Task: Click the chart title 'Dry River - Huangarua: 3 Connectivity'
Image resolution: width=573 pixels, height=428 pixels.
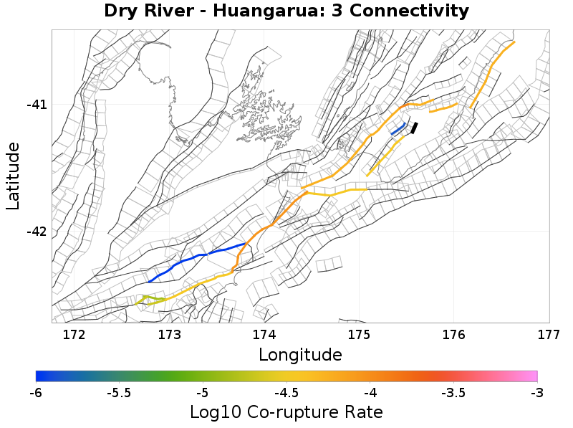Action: coord(286,11)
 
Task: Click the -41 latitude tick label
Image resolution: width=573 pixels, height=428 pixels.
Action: coord(37,105)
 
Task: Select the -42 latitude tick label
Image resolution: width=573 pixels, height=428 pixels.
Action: coord(37,232)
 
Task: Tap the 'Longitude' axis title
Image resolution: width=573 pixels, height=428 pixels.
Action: coord(300,354)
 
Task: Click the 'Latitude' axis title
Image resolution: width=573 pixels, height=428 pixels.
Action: coord(13,176)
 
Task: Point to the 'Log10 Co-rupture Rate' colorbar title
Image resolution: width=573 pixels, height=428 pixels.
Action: coord(286,412)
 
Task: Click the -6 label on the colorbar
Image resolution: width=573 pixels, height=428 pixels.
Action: coord(36,392)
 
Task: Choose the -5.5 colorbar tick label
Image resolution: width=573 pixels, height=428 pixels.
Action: coord(119,392)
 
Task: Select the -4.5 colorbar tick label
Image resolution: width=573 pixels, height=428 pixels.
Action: coord(286,392)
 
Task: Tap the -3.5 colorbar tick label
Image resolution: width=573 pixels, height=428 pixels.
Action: coord(453,392)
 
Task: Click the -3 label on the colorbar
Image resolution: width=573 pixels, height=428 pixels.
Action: coord(537,392)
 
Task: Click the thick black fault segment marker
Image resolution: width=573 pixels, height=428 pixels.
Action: coord(414,128)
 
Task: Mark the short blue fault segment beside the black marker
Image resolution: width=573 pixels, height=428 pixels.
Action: coord(398,129)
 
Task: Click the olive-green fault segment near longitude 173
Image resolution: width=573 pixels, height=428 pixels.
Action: coord(153,298)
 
